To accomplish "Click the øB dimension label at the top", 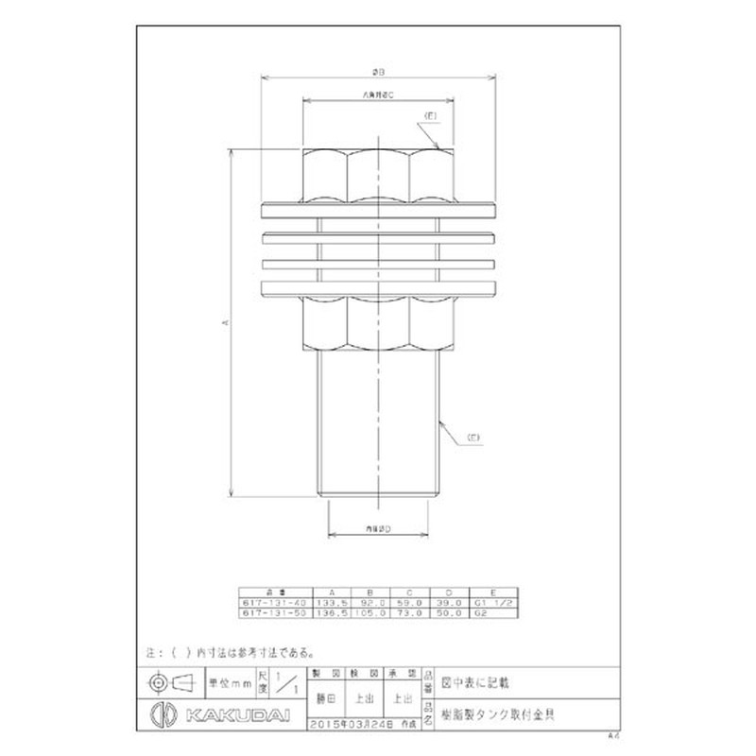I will coord(378,71).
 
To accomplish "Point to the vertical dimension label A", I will coord(224,322).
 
